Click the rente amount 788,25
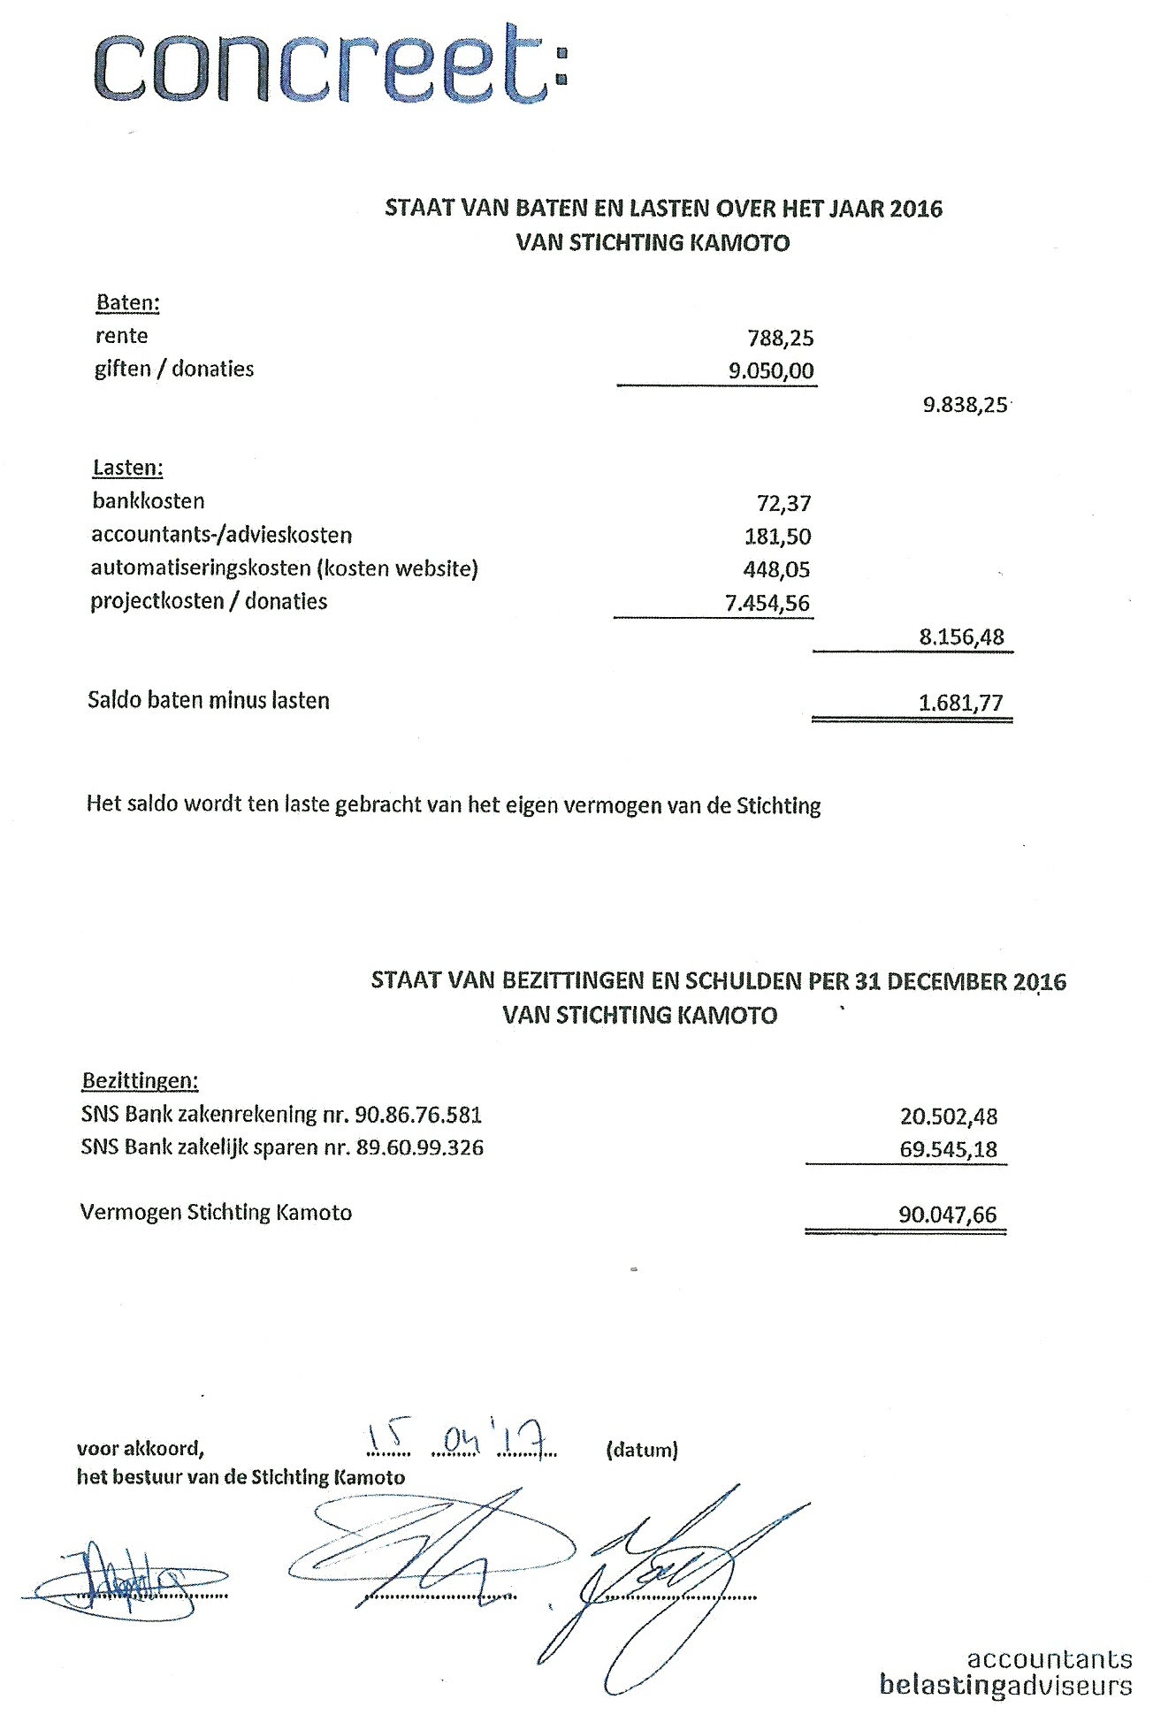point(780,338)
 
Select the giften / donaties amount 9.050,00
point(770,370)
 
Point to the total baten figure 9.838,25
point(965,405)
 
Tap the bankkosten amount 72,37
point(783,503)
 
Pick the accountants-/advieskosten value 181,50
point(777,537)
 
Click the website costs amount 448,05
point(776,569)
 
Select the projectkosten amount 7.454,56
point(767,603)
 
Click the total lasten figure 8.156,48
point(962,636)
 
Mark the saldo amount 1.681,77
point(961,703)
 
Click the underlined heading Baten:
point(127,303)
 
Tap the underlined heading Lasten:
point(127,468)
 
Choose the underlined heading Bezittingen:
point(140,1080)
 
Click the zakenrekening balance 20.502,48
point(948,1116)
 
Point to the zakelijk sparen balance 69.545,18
point(948,1149)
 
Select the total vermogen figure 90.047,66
point(947,1215)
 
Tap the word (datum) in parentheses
point(642,1450)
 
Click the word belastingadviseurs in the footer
point(1005,1685)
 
